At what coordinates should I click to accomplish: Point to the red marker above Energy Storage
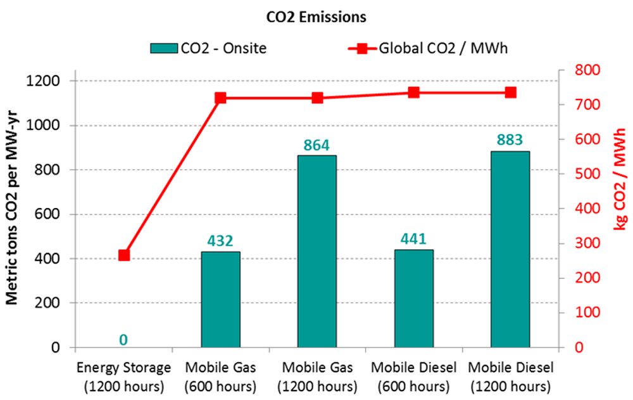124,255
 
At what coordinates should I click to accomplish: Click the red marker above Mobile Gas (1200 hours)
317,98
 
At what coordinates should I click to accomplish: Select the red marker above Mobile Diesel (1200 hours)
510,93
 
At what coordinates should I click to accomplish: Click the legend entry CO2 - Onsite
208,48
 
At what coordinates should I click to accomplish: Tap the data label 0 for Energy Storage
123,340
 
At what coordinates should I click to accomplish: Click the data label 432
220,241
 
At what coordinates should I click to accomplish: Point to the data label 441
413,239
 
